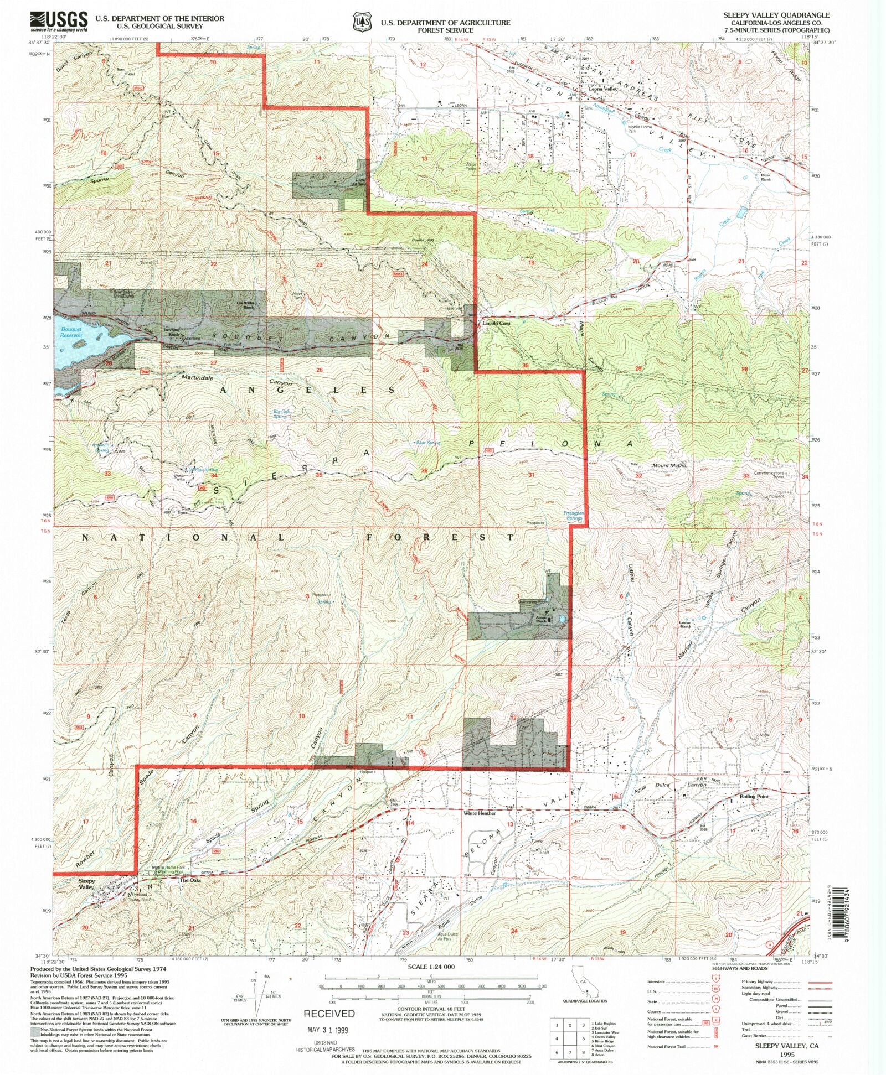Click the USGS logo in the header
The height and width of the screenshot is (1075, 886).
(59, 22)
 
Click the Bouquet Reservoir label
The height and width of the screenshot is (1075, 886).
(71, 332)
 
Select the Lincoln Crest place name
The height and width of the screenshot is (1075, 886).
(496, 323)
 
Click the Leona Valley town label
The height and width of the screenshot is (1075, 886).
(602, 89)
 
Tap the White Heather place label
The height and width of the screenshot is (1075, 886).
(480, 813)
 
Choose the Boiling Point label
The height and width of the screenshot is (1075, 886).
(754, 796)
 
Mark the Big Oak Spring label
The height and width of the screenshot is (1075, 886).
(281, 414)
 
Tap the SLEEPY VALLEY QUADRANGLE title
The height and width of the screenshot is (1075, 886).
(776, 15)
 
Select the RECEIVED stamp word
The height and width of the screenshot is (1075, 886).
(329, 1014)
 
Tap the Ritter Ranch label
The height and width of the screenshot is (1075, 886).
(765, 177)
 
